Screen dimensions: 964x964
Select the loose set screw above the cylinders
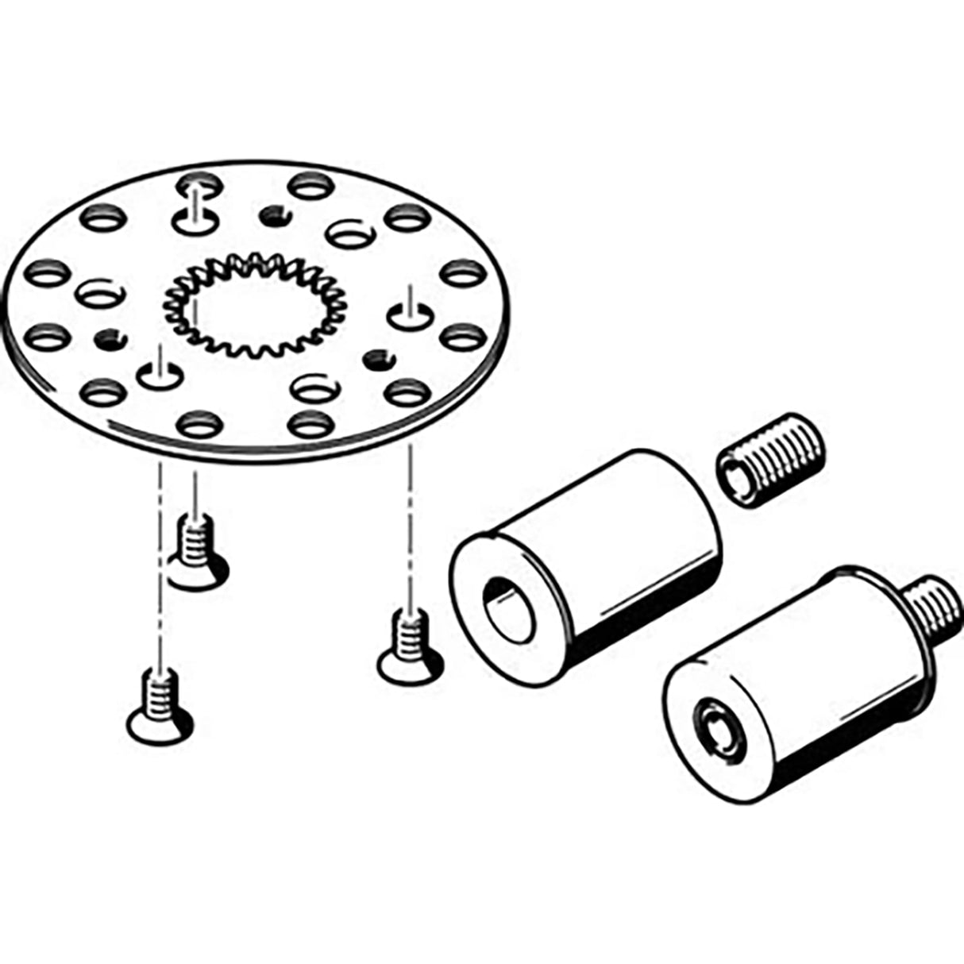[770, 460]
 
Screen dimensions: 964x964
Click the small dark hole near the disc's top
[272, 213]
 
